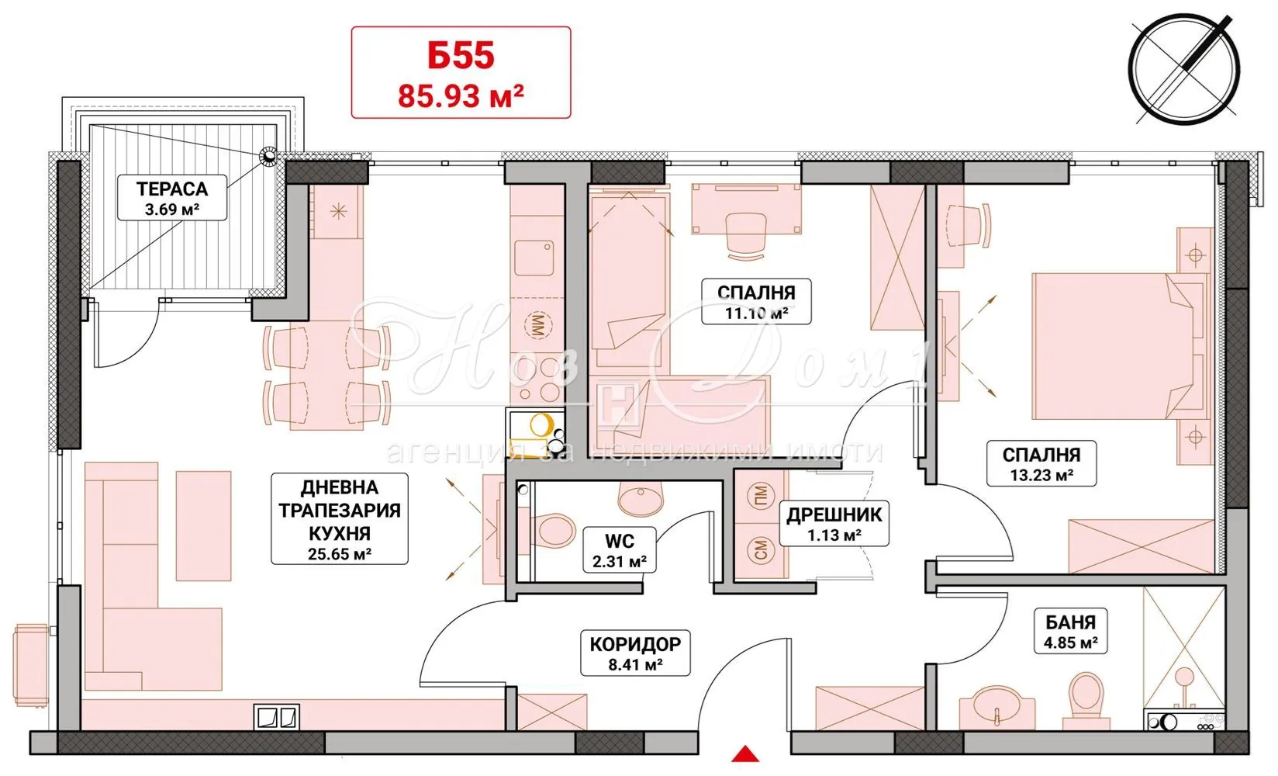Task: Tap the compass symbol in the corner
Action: (1184, 70)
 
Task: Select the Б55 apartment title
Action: (461, 56)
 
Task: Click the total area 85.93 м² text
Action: (461, 96)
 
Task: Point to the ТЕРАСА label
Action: (171, 189)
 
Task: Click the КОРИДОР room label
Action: (635, 644)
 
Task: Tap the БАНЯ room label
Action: (1070, 622)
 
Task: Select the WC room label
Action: (619, 541)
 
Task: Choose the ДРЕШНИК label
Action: (834, 515)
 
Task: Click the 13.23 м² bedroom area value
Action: (1041, 475)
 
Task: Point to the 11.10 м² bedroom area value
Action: (756, 313)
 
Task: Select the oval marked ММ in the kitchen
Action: (537, 326)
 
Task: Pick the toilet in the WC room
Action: (552, 531)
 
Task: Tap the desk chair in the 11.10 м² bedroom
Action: (745, 235)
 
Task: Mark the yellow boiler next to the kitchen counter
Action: (540, 425)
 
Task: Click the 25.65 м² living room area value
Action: (340, 554)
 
